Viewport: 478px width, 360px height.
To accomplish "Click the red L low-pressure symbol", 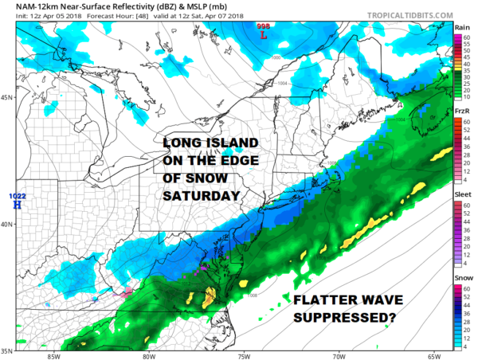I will (263, 35).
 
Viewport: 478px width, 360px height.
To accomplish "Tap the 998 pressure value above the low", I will (263, 26).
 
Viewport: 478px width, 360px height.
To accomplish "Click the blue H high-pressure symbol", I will (15, 205).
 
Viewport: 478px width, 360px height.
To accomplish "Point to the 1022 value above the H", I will (16, 196).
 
